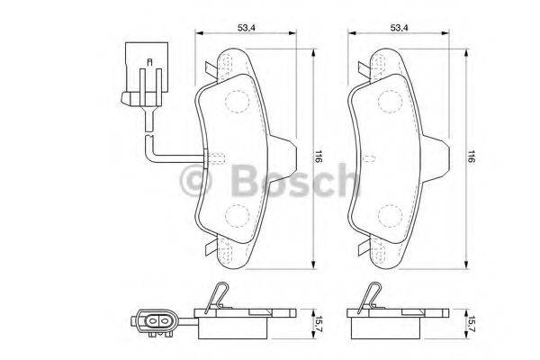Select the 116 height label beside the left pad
pos(319,156)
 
